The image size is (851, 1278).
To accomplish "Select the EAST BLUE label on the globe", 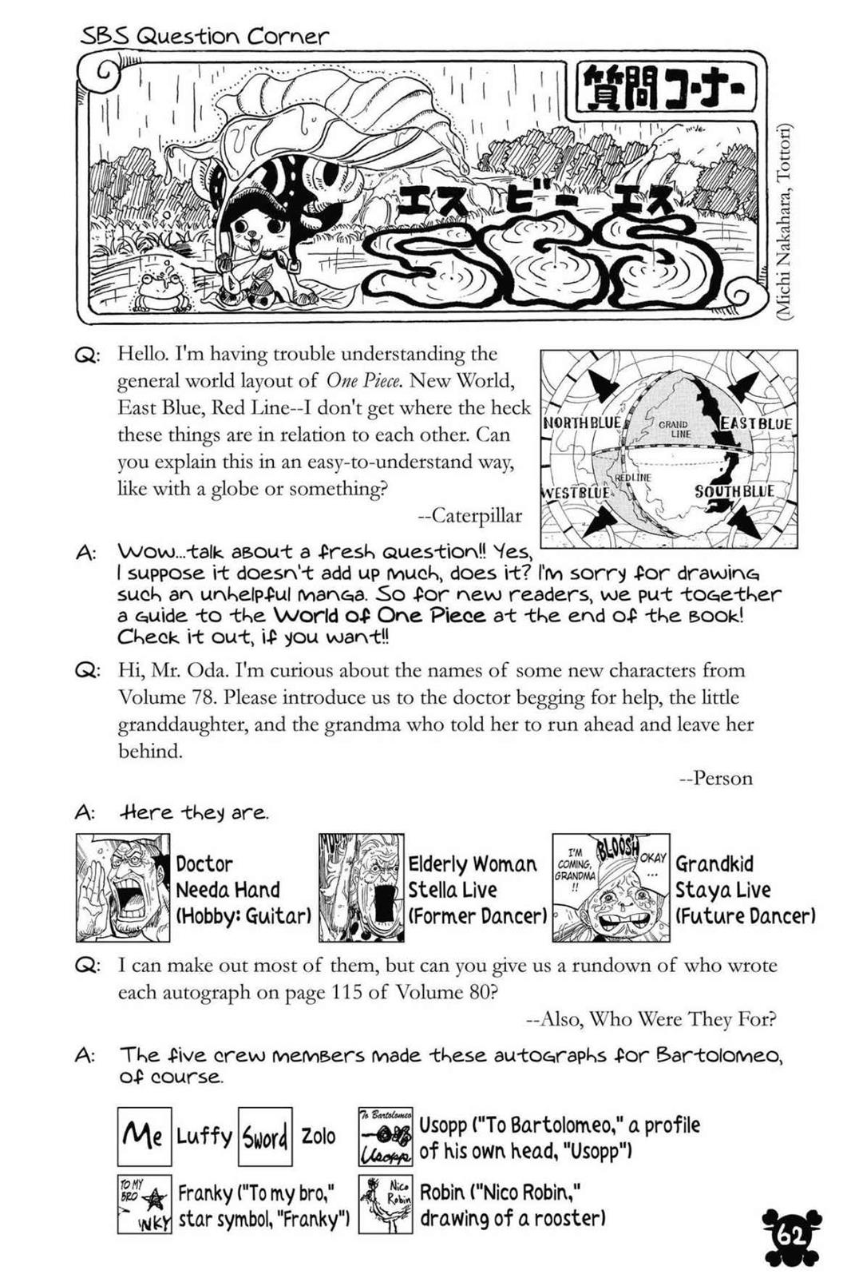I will point(756,423).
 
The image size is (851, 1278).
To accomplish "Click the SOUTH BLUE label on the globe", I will point(734,491).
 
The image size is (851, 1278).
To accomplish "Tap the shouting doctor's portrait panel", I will point(123,887).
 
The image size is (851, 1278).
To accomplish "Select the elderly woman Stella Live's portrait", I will point(361,887).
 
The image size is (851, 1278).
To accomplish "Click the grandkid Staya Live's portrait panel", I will point(611,887).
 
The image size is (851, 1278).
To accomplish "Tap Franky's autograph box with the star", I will point(144,1204).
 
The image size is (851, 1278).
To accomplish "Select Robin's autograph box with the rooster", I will point(385,1204).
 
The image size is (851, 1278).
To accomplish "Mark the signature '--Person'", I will point(715,778).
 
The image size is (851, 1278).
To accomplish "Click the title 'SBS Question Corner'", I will point(204,37).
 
